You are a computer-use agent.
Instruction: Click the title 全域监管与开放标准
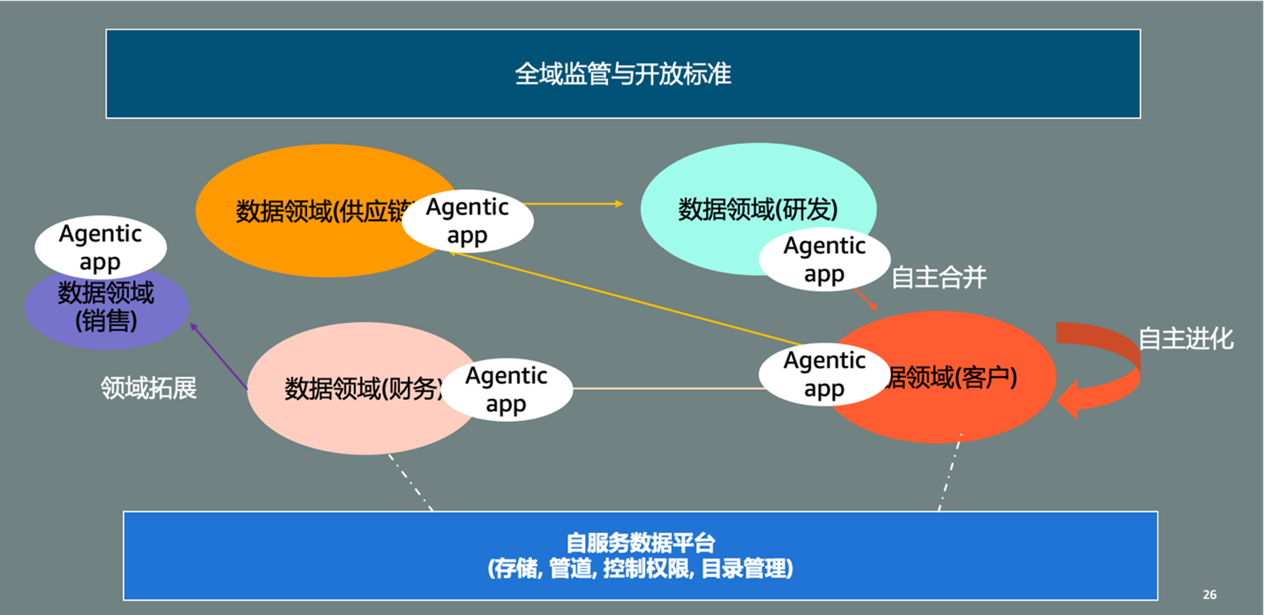pyautogui.click(x=623, y=74)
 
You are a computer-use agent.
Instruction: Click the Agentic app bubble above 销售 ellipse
pyautogui.click(x=101, y=247)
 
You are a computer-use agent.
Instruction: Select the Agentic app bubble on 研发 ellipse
pyautogui.click(x=824, y=260)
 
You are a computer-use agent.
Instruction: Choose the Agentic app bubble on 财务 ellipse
pyautogui.click(x=507, y=390)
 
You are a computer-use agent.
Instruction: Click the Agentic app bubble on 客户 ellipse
pyautogui.click(x=824, y=374)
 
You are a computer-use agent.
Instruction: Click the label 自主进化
pyautogui.click(x=1186, y=339)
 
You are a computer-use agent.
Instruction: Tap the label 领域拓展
pyautogui.click(x=149, y=388)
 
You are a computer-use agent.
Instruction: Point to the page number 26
pyautogui.click(x=1210, y=594)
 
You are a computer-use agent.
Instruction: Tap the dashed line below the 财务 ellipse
pyautogui.click(x=411, y=483)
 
